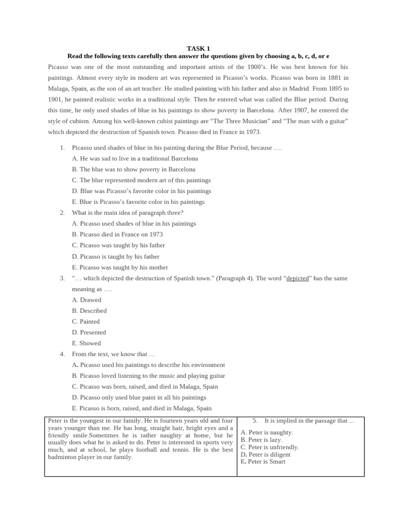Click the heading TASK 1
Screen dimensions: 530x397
[198, 49]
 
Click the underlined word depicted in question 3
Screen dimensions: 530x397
[297, 278]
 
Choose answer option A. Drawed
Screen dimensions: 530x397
[86, 300]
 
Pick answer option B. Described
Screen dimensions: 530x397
[89, 311]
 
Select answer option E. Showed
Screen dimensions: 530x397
[86, 343]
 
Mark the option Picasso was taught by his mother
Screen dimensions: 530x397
[120, 268]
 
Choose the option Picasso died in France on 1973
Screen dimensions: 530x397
[117, 234]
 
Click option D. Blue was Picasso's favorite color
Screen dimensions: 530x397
[141, 191]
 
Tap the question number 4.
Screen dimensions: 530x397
[62, 355]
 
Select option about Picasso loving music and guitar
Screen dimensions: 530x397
[148, 376]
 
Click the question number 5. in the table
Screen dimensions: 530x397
[255, 421]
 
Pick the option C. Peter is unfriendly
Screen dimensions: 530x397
[269, 447]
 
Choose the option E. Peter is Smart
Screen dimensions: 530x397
[263, 462]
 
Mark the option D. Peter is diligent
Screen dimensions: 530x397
[265, 454]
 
